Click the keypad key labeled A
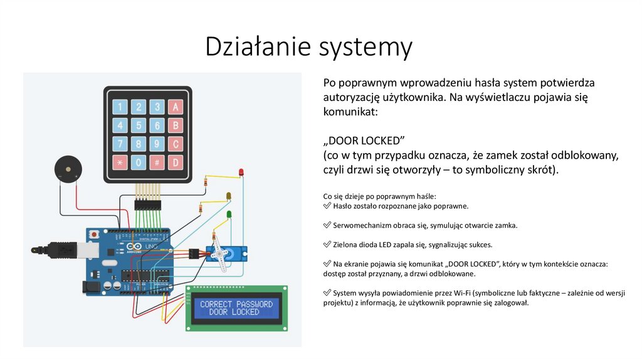pos(176,107)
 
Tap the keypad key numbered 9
pos(157,145)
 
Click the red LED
pos(241,172)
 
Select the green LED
pos(229,215)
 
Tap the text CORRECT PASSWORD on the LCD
pos(236,304)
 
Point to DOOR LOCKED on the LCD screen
pos(234,312)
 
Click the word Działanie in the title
pos(256,48)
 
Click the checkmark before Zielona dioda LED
pos(327,245)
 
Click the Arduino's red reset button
pos(93,234)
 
